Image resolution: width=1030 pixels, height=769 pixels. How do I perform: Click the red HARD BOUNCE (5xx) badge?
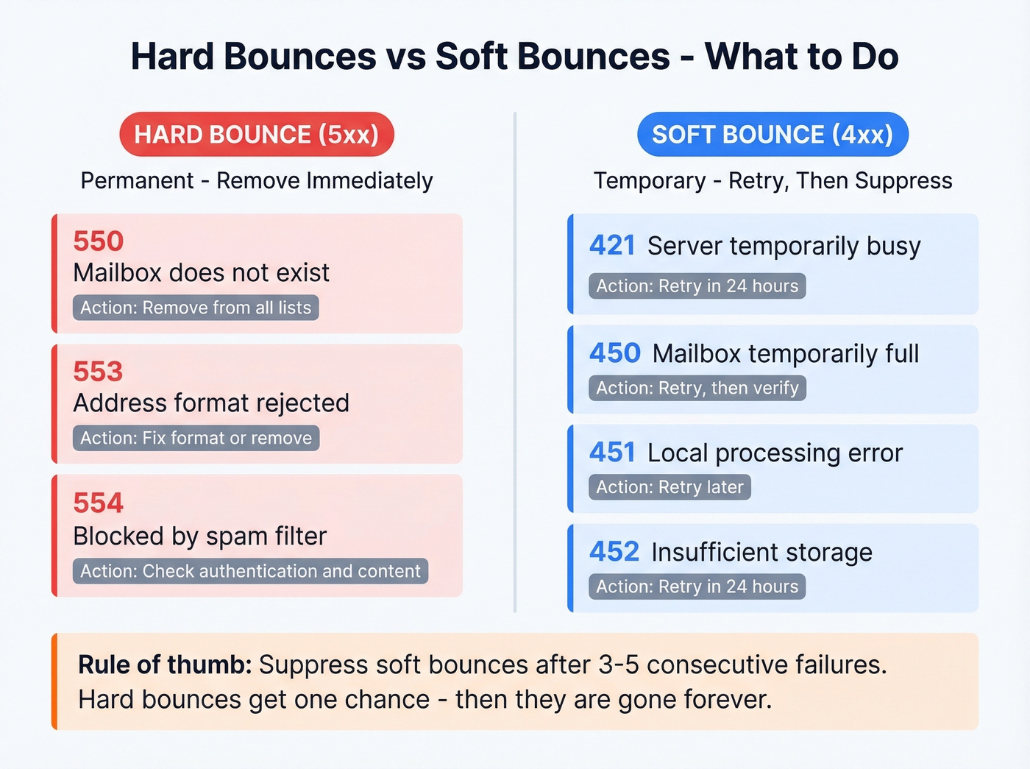click(256, 135)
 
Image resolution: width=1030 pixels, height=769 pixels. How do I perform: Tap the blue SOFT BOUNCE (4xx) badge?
click(772, 135)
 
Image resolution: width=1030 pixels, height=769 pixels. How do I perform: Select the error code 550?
click(99, 241)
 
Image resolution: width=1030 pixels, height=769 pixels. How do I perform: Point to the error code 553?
click(99, 372)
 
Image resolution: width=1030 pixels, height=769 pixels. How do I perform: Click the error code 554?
click(99, 503)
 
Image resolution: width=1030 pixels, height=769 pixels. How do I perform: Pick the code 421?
click(612, 246)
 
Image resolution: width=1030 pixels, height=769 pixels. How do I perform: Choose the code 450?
click(615, 353)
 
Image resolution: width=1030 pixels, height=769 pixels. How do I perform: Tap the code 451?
click(612, 453)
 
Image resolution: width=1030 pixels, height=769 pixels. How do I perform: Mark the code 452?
click(614, 552)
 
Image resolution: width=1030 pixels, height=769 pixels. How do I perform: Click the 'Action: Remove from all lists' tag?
click(196, 308)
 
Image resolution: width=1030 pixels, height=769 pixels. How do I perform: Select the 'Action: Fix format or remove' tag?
click(196, 438)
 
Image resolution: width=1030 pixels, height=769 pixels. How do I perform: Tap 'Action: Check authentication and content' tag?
click(250, 571)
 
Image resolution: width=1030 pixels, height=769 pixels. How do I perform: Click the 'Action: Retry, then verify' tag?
click(697, 388)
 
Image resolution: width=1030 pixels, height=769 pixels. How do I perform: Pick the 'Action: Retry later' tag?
click(669, 487)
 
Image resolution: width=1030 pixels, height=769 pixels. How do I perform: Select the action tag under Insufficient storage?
click(697, 587)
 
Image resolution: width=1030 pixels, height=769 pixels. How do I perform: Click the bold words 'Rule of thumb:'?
click(165, 665)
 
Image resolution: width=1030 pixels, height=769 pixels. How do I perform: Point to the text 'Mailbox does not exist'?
click(201, 273)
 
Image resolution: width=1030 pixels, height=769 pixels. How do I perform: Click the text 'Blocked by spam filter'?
click(199, 536)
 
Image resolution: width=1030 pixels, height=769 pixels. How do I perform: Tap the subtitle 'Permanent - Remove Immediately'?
click(257, 180)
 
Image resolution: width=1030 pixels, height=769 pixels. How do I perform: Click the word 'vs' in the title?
click(405, 57)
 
